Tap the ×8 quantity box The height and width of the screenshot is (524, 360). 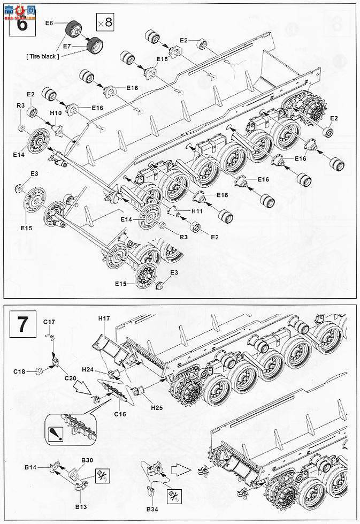click(x=105, y=22)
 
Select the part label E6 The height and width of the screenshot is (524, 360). click(x=49, y=23)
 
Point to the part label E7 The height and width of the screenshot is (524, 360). click(x=67, y=47)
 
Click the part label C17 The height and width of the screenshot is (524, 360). click(x=49, y=322)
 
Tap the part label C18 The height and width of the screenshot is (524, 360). click(x=19, y=371)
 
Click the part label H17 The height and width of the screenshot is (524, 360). click(x=104, y=318)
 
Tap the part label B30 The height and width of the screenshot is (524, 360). click(x=87, y=460)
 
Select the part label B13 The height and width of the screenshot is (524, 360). click(x=81, y=507)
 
